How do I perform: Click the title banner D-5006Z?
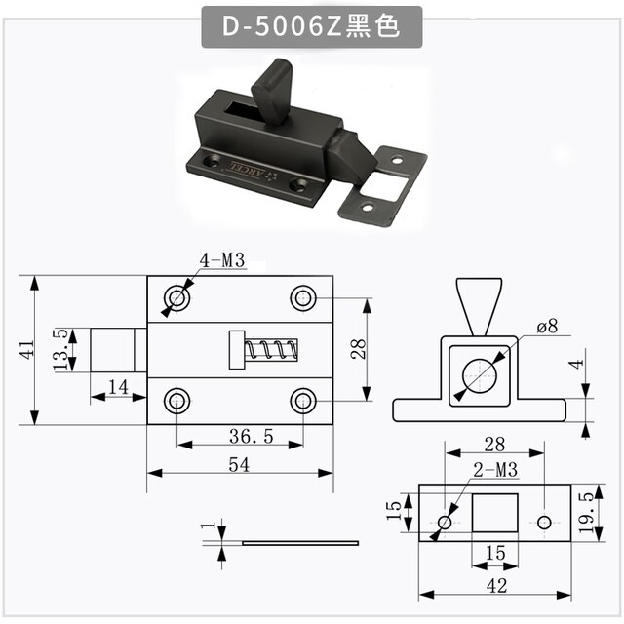[x=311, y=27]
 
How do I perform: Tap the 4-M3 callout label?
[x=222, y=260]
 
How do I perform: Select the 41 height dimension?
[x=27, y=349]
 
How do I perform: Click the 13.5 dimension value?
[x=60, y=350]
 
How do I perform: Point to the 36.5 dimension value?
[x=252, y=437]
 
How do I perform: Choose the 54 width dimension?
[x=239, y=465]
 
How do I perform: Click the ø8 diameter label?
[x=547, y=327]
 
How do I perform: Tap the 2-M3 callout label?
[x=495, y=470]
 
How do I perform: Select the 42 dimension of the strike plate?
[x=496, y=586]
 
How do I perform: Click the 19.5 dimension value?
[x=587, y=513]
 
